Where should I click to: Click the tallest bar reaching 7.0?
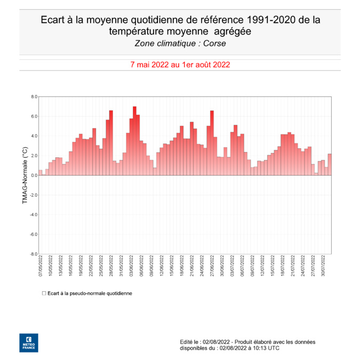[134, 141]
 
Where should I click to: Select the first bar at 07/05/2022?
[41, 173]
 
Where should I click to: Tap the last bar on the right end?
[330, 165]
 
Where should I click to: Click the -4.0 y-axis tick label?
[34, 215]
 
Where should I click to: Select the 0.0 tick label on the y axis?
[34, 175]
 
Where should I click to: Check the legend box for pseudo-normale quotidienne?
[44, 293]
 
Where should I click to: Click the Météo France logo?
[29, 342]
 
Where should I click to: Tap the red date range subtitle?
[180, 65]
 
